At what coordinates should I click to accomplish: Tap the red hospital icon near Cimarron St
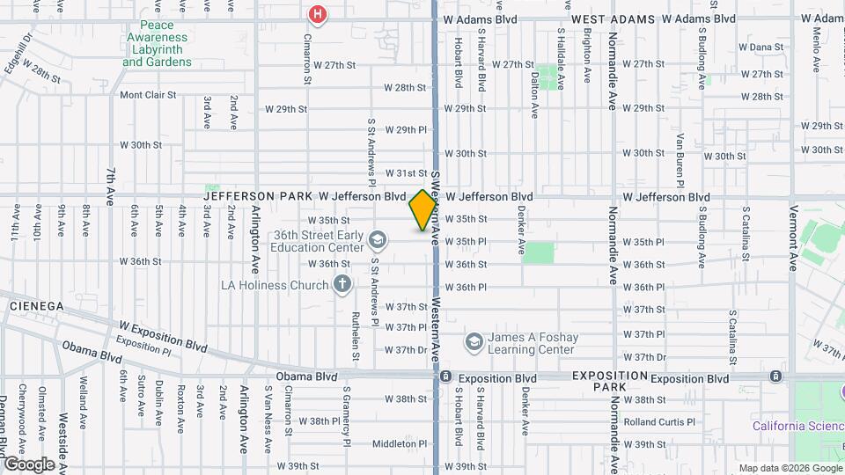[317, 14]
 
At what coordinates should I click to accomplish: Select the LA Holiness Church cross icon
[342, 284]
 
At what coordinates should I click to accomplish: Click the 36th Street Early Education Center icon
[377, 240]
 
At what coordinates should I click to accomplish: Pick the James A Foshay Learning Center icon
[474, 341]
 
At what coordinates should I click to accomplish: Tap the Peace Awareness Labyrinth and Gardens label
[157, 44]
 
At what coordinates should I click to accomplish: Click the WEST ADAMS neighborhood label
[613, 18]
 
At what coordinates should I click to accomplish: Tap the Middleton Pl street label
[399, 443]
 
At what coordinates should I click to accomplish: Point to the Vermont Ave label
[793, 237]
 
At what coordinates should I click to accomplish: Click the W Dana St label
[760, 47]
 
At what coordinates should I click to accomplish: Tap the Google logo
[29, 464]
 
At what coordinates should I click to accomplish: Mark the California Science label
[797, 427]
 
